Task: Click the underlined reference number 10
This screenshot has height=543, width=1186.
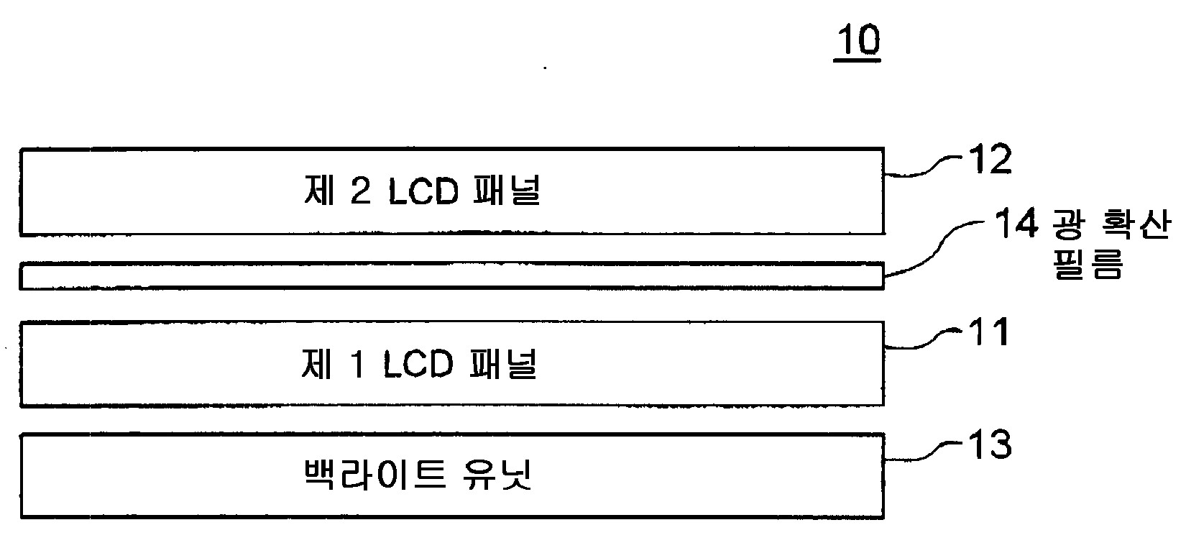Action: click(x=858, y=41)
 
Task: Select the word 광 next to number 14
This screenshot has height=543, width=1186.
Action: click(x=1068, y=226)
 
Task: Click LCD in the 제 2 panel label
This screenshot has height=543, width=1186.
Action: click(x=423, y=193)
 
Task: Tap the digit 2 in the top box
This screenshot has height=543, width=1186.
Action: click(x=357, y=193)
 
